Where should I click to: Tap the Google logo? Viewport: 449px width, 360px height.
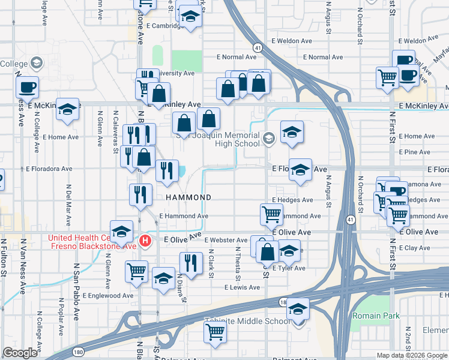20,353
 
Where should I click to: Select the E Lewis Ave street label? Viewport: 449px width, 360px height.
243,287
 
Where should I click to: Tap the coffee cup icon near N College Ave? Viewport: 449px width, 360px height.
27,86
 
